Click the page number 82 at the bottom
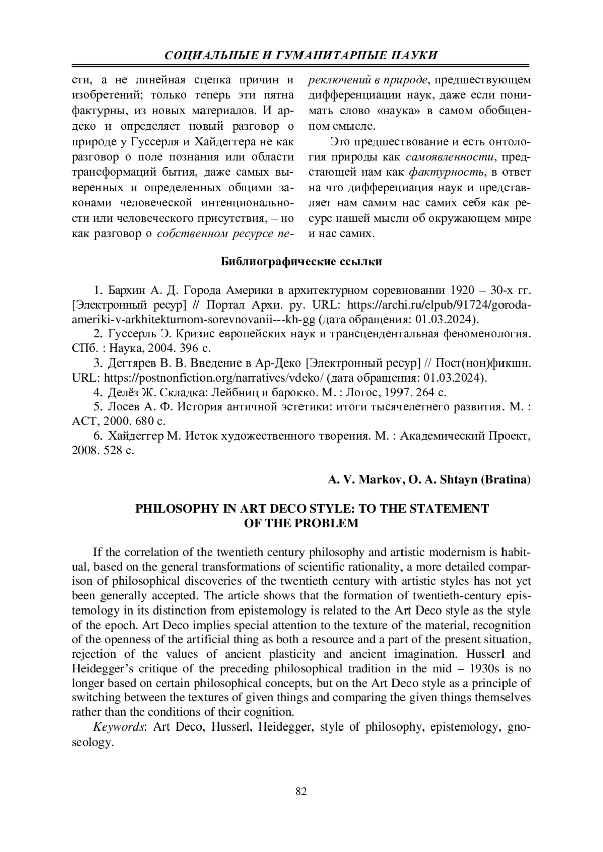click(x=301, y=792)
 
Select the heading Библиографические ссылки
click(x=301, y=262)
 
